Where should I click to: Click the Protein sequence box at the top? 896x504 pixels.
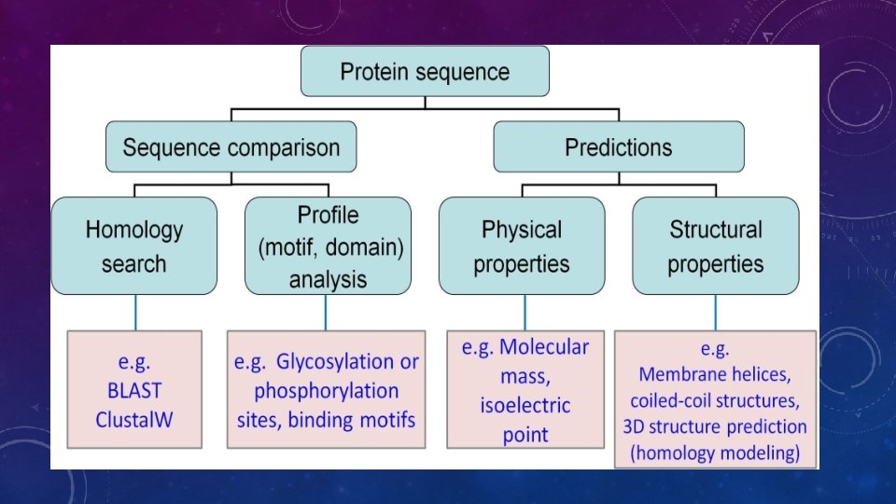pyautogui.click(x=425, y=72)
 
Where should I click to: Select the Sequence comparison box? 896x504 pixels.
pyautogui.click(x=231, y=147)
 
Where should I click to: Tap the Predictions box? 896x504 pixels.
pyautogui.click(x=618, y=147)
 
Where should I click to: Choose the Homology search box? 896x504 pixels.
pyautogui.click(x=134, y=246)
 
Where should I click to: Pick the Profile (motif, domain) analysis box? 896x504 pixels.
pyautogui.click(x=328, y=246)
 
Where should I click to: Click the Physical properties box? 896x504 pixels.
pyautogui.click(x=521, y=246)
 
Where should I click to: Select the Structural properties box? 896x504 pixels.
pyautogui.click(x=715, y=246)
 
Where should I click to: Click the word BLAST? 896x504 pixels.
pyautogui.click(x=134, y=391)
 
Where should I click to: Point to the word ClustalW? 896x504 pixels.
pyautogui.click(x=134, y=419)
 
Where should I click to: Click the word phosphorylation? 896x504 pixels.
pyautogui.click(x=326, y=390)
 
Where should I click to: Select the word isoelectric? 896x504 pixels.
pyautogui.click(x=525, y=406)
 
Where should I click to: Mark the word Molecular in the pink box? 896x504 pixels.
pyautogui.click(x=544, y=347)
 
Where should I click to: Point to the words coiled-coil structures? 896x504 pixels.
pyautogui.click(x=714, y=401)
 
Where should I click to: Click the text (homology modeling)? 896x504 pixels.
pyautogui.click(x=714, y=454)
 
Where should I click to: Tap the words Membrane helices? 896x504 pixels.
pyautogui.click(x=714, y=375)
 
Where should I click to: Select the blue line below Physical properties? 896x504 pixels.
pyautogui.click(x=525, y=312)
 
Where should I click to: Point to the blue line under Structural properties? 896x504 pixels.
pyautogui.click(x=716, y=312)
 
